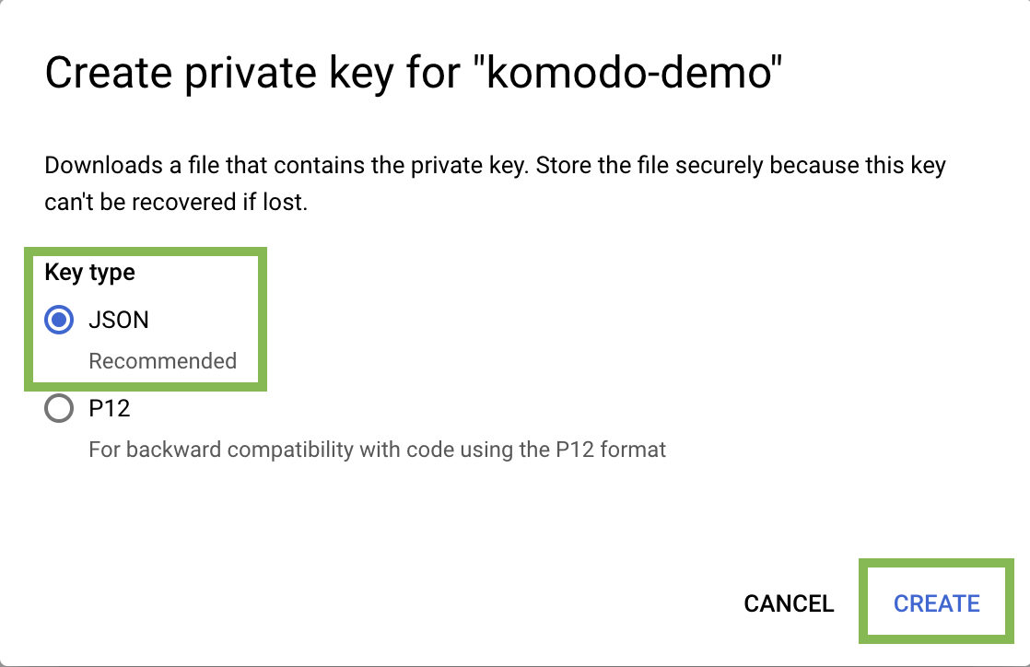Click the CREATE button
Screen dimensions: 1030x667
[936, 603]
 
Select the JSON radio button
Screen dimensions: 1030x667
[59, 320]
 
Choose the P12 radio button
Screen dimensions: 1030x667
[59, 408]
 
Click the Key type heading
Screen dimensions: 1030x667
[89, 272]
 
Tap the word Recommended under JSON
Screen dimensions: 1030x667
[162, 361]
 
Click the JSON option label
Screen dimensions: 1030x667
[119, 320]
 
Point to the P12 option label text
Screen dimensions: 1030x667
[109, 408]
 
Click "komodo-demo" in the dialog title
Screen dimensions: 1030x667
[627, 72]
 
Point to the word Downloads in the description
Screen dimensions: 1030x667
[103, 165]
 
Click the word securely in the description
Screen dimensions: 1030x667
[719, 165]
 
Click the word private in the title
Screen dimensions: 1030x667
[251, 72]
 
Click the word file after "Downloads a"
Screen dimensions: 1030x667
[204, 165]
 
